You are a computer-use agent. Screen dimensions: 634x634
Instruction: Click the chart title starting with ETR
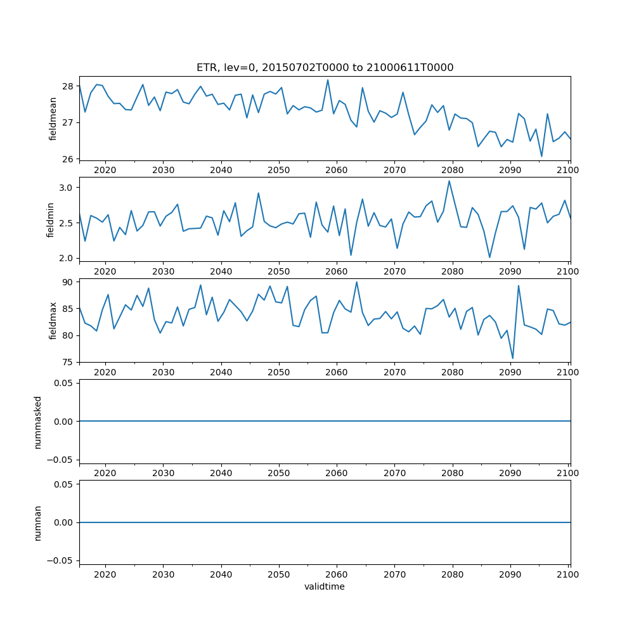pyautogui.click(x=325, y=68)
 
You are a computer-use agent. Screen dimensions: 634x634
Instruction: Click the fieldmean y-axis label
pyautogui.click(x=53, y=119)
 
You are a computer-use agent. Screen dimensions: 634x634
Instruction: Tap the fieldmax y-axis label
pyautogui.click(x=53, y=320)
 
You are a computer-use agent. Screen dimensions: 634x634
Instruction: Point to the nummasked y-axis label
pyautogui.click(x=38, y=421)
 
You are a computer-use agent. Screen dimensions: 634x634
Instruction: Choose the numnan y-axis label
pyautogui.click(x=38, y=522)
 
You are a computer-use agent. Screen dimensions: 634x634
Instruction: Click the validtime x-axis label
pyautogui.click(x=325, y=587)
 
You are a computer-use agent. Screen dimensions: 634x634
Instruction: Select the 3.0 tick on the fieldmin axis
pyautogui.click(x=65, y=188)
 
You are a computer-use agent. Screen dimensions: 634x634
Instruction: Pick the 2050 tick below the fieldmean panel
pyautogui.click(x=278, y=171)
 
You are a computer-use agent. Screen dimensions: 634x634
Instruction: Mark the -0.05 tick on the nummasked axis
pyautogui.click(x=60, y=460)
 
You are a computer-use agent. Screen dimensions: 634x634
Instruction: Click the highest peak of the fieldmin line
pyautogui.click(x=450, y=181)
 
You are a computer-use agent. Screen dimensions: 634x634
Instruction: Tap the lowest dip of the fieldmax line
pyautogui.click(x=513, y=359)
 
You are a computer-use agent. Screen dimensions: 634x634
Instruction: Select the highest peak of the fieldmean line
pyautogui.click(x=328, y=80)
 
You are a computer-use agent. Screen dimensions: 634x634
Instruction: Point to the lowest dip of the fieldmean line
pyautogui.click(x=541, y=156)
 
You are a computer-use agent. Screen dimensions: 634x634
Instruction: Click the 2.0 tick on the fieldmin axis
pyautogui.click(x=65, y=258)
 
